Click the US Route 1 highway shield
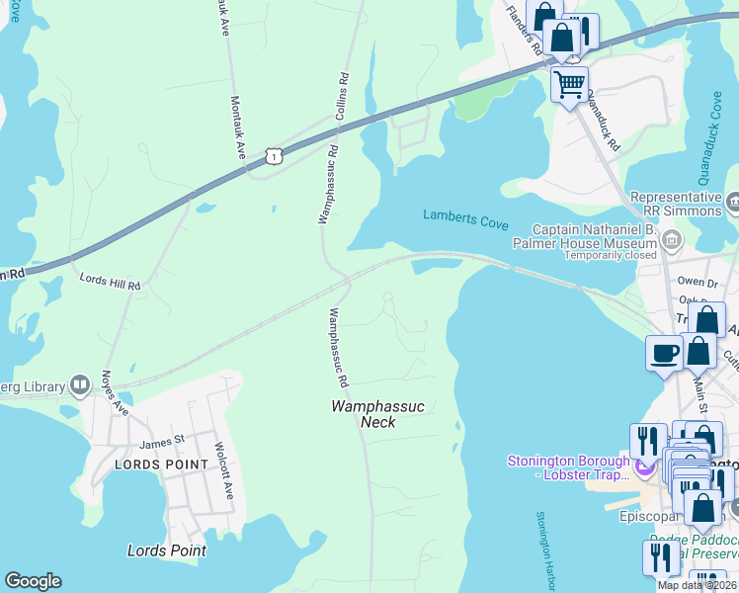point(274,155)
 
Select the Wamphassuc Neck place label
point(365,414)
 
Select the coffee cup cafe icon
point(663,352)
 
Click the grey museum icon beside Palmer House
point(672,239)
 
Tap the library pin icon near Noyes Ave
point(80,385)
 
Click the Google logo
point(33,581)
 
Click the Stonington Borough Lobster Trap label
point(567,467)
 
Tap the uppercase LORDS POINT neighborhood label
point(162,464)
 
